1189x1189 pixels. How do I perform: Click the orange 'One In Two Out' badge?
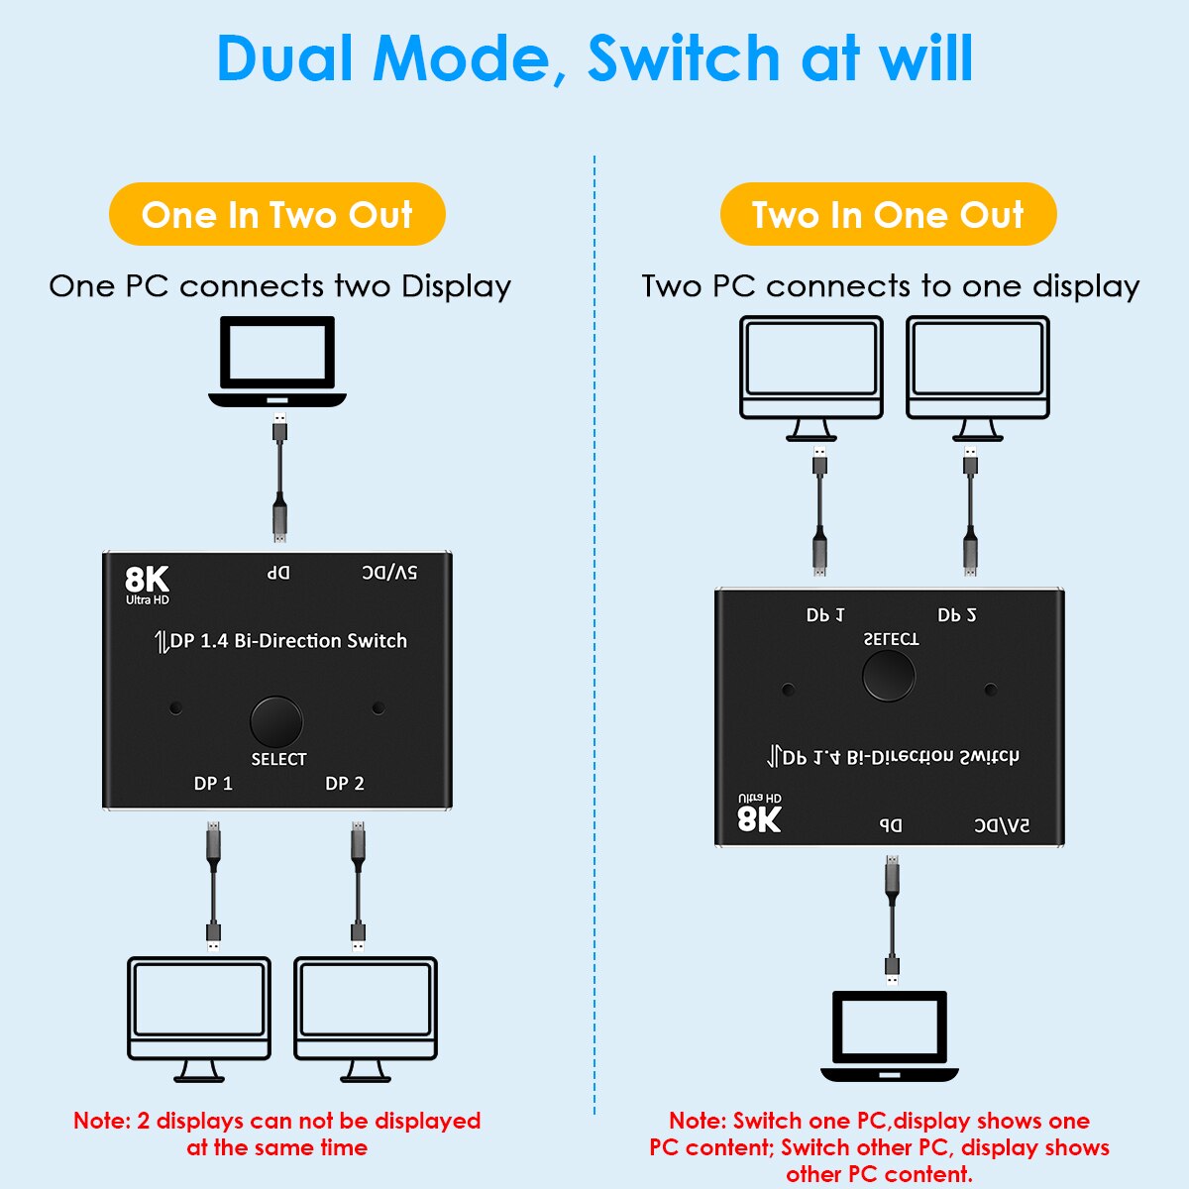276,214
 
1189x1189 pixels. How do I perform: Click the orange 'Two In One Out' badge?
888,214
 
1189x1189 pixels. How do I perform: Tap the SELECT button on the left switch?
276,722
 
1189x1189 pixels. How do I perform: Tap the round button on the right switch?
889,676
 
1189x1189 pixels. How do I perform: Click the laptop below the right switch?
890,1035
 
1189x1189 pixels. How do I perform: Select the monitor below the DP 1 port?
199,1017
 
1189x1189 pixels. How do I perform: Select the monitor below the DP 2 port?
366,1017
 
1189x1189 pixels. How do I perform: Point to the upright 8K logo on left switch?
147,582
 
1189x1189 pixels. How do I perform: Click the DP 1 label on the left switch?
213,784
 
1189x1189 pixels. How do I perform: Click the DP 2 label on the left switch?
345,784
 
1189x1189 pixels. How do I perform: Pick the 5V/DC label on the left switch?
389,573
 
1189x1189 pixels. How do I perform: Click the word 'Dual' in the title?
284,58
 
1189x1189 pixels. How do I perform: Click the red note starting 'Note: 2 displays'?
276,1134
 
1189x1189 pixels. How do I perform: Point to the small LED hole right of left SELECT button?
378,708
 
